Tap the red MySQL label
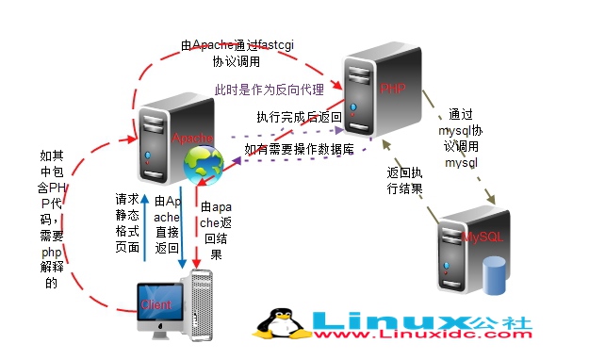pyautogui.click(x=484, y=237)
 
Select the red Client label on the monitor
pyautogui.click(x=155, y=304)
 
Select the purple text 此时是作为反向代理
pyautogui.click(x=270, y=90)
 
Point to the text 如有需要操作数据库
pyautogui.click(x=299, y=150)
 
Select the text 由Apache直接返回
pyautogui.click(x=166, y=223)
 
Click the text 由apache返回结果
pyautogui.click(x=214, y=229)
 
